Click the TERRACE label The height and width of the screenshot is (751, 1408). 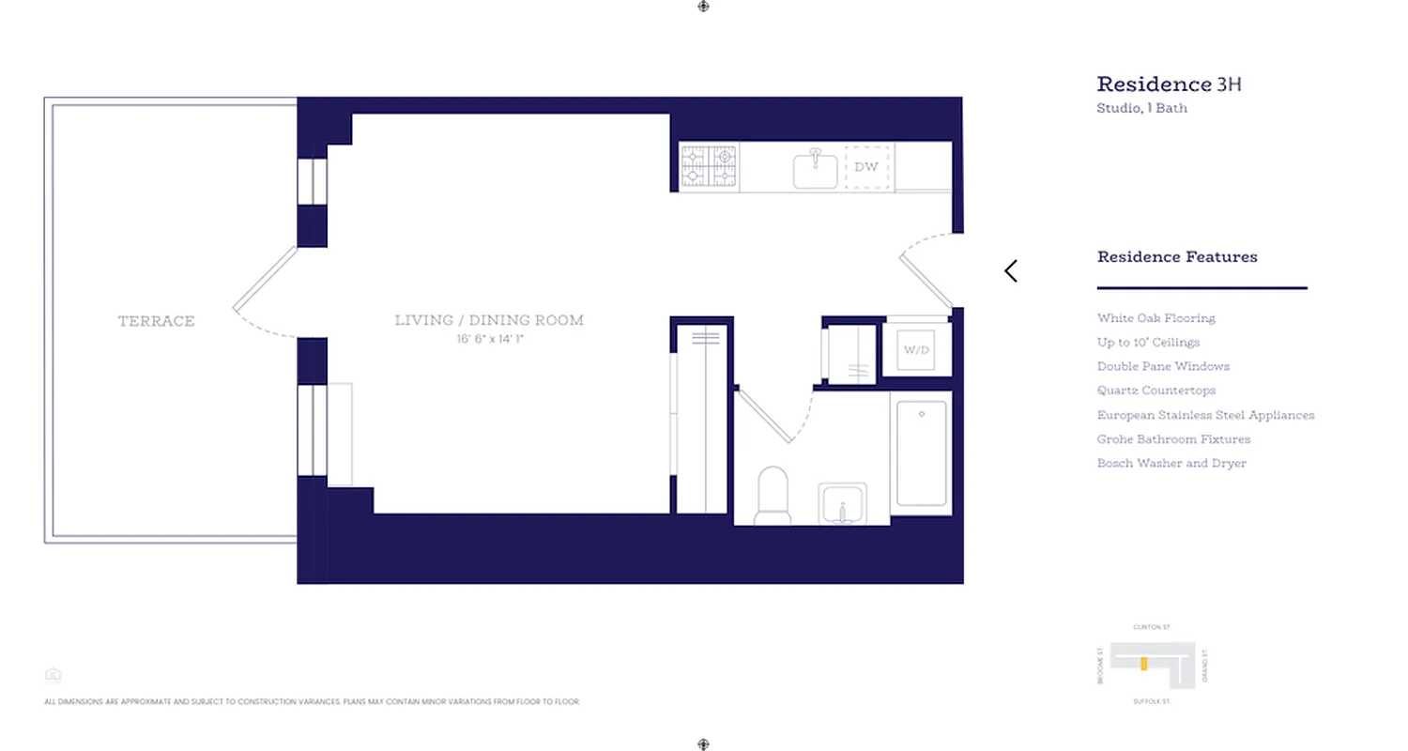156,321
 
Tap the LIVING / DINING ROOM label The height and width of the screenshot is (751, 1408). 489,320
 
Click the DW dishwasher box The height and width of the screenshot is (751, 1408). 866,167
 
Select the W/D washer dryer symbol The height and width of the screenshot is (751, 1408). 916,349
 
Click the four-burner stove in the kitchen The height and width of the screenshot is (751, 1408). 709,166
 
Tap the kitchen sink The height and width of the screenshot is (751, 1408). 815,169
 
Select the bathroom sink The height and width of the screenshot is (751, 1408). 842,504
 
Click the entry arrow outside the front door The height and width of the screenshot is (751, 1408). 1011,271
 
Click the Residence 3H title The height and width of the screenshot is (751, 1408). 1169,84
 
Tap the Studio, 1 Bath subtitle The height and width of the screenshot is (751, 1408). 1141,108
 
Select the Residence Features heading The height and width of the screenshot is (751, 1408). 1177,256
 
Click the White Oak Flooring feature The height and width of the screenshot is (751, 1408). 1155,318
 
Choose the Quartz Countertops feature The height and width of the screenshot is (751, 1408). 1155,391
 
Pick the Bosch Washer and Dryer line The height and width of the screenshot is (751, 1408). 1171,463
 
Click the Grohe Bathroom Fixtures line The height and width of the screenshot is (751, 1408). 1173,439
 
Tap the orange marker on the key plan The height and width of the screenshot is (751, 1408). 1143,664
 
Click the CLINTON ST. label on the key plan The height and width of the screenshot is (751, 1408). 1152,627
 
